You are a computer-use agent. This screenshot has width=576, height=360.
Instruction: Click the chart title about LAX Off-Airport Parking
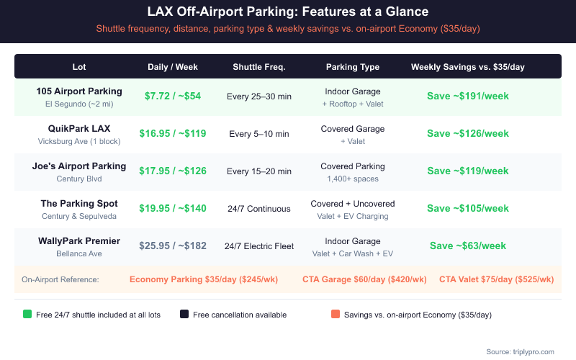click(287, 12)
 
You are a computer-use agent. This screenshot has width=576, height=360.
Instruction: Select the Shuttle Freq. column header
click(259, 67)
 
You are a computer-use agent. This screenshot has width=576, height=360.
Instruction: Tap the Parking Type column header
click(353, 67)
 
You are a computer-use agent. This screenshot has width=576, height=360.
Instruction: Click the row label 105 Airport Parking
click(79, 91)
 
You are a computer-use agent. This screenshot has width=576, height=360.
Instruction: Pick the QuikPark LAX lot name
click(79, 129)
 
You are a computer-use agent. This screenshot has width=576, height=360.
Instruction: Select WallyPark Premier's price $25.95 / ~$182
click(173, 246)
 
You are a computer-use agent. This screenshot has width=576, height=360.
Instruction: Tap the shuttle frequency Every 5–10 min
click(259, 134)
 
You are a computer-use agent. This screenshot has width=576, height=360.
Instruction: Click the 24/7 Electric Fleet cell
click(259, 246)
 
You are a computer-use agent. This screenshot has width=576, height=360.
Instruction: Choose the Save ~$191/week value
click(468, 96)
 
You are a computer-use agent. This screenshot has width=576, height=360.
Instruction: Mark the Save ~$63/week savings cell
click(468, 246)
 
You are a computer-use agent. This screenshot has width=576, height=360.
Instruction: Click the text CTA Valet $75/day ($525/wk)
click(496, 279)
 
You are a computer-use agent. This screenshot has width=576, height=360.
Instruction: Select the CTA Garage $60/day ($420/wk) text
click(364, 279)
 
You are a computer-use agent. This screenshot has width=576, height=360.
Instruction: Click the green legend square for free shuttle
click(27, 315)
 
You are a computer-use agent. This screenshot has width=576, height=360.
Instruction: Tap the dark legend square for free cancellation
click(184, 315)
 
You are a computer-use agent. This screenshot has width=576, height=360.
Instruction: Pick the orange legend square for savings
click(336, 315)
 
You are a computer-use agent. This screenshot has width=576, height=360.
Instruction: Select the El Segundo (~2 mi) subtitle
click(79, 104)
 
